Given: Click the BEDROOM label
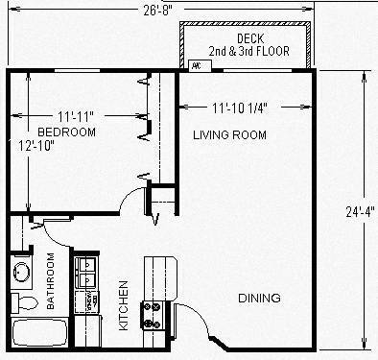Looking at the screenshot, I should pyautogui.click(x=66, y=132).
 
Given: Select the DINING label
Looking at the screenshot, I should pyautogui.click(x=259, y=299).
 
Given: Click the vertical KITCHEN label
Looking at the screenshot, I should pyautogui.click(x=123, y=305).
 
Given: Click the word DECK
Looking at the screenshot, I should pyautogui.click(x=249, y=38).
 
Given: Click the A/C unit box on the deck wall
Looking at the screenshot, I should pyautogui.click(x=197, y=66).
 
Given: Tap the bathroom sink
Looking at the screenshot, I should pyautogui.click(x=22, y=274).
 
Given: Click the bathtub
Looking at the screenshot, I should pyautogui.click(x=38, y=334).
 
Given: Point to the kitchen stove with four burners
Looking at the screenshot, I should pyautogui.click(x=152, y=312).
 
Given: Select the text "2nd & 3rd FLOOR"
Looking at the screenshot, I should pyautogui.click(x=249, y=52).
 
